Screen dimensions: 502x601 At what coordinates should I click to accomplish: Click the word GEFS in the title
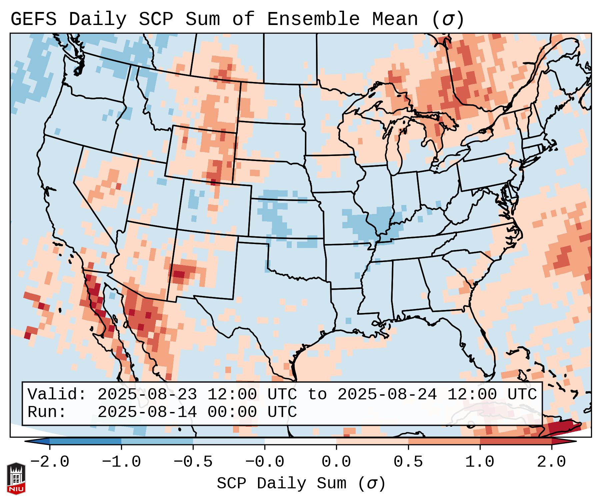click(x=33, y=19)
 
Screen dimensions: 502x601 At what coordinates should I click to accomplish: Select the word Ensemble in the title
click(x=313, y=19)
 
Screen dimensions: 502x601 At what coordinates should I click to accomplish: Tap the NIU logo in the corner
click(x=16, y=478)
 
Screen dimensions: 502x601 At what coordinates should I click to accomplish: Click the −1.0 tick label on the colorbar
click(x=121, y=462)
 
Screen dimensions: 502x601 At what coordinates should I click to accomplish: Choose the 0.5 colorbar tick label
click(x=408, y=462)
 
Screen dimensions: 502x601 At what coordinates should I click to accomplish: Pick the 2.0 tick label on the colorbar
click(x=551, y=462)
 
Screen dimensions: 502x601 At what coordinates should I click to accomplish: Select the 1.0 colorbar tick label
click(x=480, y=462)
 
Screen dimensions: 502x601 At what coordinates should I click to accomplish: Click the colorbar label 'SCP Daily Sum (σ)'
click(x=301, y=483)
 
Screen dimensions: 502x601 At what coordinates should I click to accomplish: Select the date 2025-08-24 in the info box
click(x=387, y=394)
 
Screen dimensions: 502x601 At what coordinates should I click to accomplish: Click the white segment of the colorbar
click(x=300, y=441)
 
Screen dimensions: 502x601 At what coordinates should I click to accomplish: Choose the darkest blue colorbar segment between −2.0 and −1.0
click(x=85, y=441)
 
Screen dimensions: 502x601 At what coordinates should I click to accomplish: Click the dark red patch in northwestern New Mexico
click(x=180, y=274)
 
